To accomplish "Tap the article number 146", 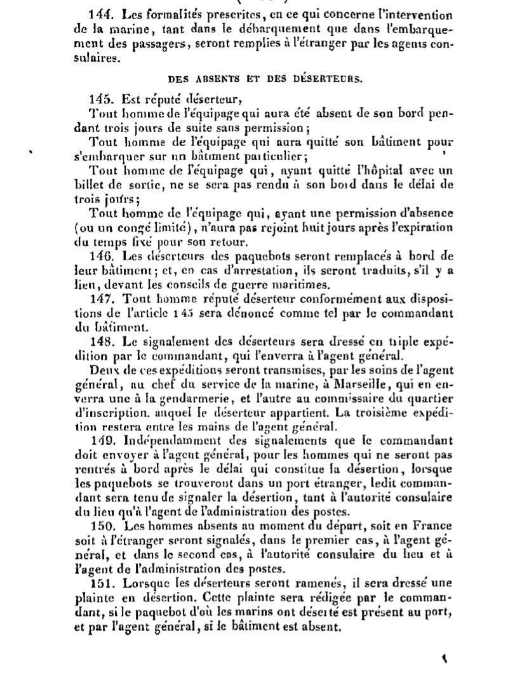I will (102, 256).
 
